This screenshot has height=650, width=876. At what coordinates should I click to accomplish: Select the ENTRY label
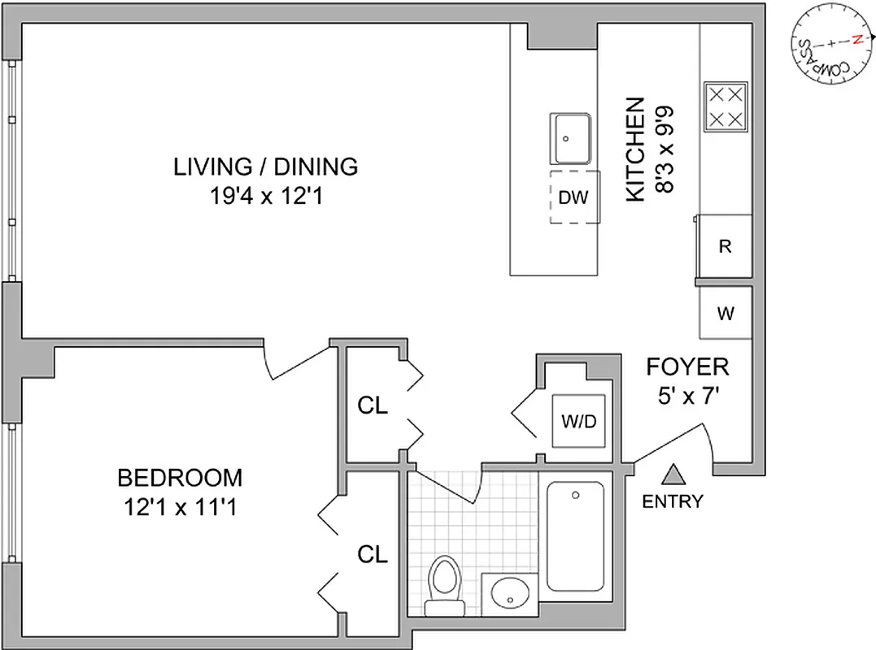(672, 501)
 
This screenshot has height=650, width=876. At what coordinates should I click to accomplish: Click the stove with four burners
(725, 107)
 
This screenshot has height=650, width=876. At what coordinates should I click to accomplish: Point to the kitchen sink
(570, 139)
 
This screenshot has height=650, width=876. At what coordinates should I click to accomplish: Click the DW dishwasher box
(574, 197)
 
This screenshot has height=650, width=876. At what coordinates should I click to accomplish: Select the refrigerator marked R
(725, 247)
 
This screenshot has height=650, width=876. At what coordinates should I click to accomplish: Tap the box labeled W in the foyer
(725, 312)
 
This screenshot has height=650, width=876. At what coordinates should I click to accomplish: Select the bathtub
(575, 536)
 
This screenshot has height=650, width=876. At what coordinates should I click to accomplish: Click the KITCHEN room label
(635, 150)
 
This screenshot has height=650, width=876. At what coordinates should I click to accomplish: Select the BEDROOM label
(180, 476)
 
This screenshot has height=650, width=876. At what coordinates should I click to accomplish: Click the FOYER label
(687, 367)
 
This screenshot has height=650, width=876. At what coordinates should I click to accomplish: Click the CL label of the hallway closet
(373, 406)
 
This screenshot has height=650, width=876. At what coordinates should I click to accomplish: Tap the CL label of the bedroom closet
(373, 555)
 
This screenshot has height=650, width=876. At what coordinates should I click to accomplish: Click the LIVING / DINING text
(265, 167)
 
